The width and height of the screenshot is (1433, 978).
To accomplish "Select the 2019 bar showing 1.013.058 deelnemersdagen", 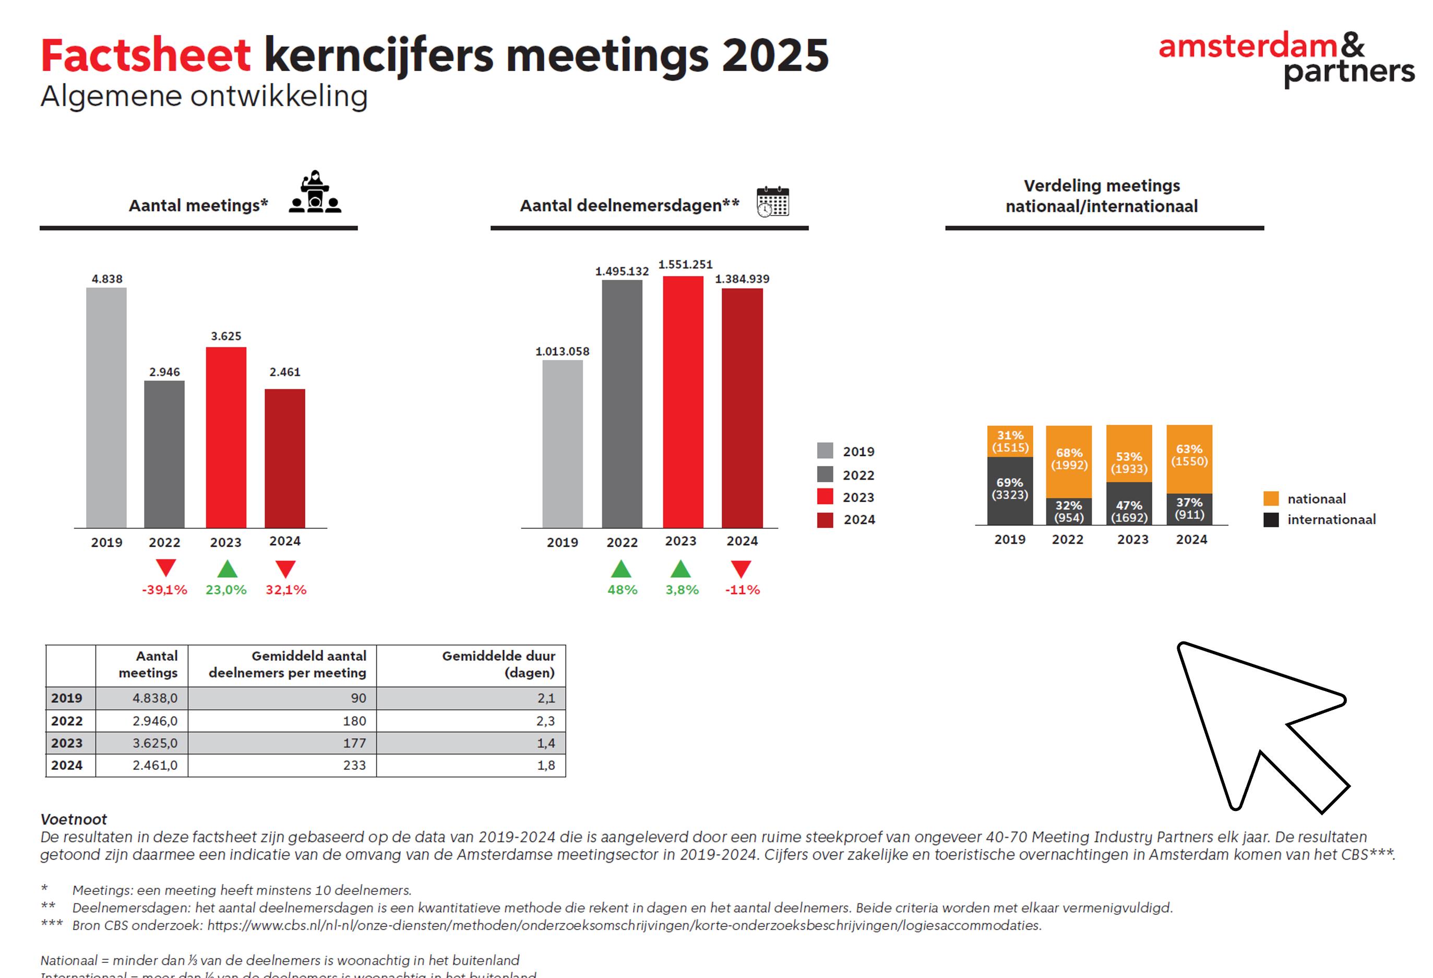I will (x=563, y=444).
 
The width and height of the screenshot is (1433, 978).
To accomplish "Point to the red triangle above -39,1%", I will (x=166, y=567).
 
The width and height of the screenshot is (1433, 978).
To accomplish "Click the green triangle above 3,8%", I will (x=680, y=568).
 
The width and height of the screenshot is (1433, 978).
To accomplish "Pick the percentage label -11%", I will (x=743, y=590).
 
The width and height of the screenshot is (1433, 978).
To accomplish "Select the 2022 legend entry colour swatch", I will (x=825, y=474).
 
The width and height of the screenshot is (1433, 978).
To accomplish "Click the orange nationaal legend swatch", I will (x=1271, y=498).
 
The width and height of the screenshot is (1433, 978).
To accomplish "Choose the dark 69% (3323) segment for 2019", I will (x=1010, y=490).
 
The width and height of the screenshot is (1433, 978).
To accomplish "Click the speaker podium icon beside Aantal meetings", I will (x=315, y=193).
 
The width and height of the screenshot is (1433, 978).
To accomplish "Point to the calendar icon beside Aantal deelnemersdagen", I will (x=773, y=201).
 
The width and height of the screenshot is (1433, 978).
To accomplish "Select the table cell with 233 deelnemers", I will (x=282, y=765).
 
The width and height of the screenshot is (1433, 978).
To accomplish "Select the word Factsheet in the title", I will (x=146, y=55).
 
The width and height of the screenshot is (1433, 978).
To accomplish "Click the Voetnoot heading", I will (x=74, y=819).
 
